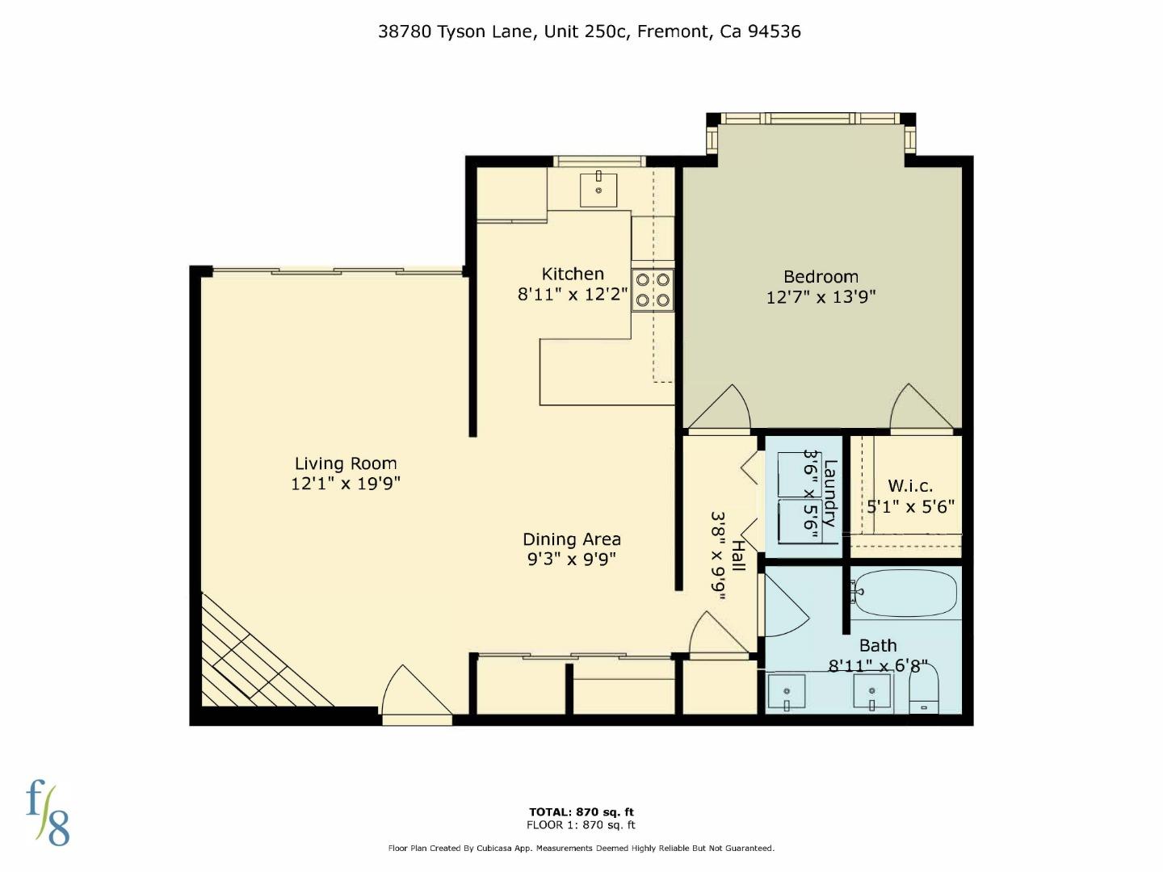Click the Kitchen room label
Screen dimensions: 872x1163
(572, 274)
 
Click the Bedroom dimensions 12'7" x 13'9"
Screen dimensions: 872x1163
(821, 297)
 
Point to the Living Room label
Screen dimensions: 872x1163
(346, 463)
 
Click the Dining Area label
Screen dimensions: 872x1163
(572, 539)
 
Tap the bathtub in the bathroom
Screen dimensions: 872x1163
(905, 593)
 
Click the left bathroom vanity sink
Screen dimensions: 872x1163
(787, 693)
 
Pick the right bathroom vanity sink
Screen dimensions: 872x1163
(872, 693)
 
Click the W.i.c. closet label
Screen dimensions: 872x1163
(910, 486)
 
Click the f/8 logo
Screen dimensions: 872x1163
(48, 812)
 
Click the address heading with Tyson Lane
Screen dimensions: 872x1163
(589, 31)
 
